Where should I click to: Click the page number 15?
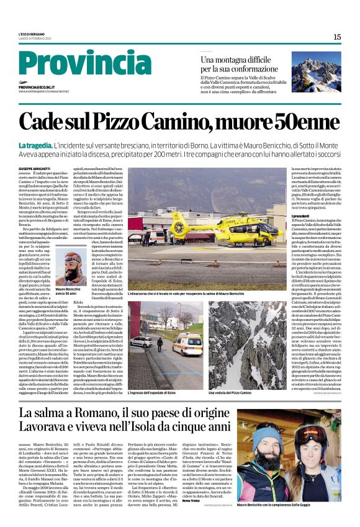click(337, 37)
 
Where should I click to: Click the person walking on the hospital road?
click(161, 343)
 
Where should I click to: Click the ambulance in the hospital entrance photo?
click(186, 343)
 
